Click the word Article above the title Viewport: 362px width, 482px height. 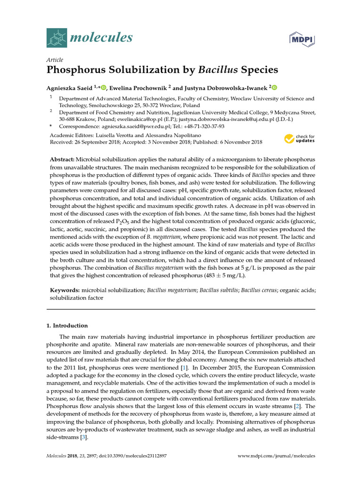pyautogui.click(x=54, y=60)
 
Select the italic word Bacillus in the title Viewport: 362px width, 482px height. pyautogui.click(x=218, y=71)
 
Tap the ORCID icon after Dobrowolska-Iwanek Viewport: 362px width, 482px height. pyautogui.click(x=275, y=87)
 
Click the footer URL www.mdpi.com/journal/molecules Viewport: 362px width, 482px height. pyautogui.click(x=276, y=456)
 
